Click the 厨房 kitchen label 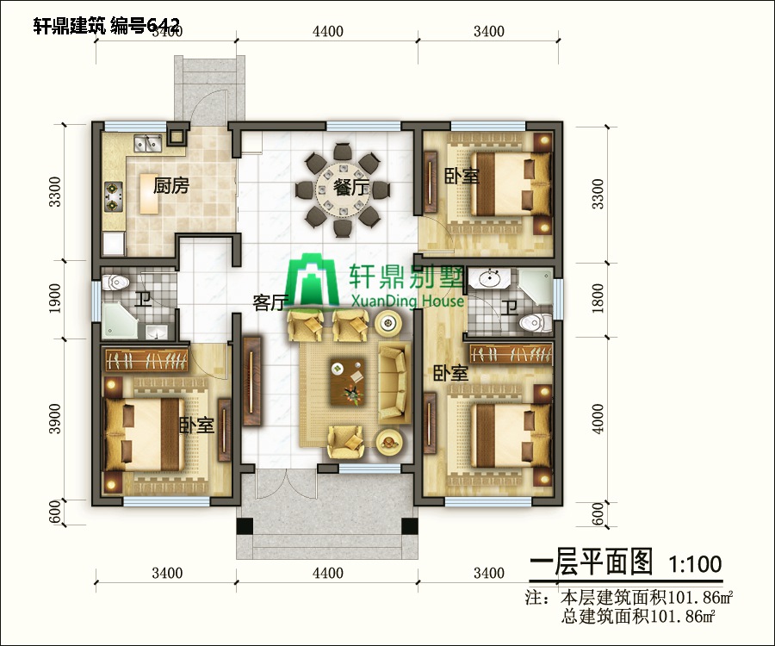coord(170,185)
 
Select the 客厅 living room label coord(270,302)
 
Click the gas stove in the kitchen coord(114,197)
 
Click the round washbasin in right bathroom coord(493,277)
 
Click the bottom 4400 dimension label coord(328,573)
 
